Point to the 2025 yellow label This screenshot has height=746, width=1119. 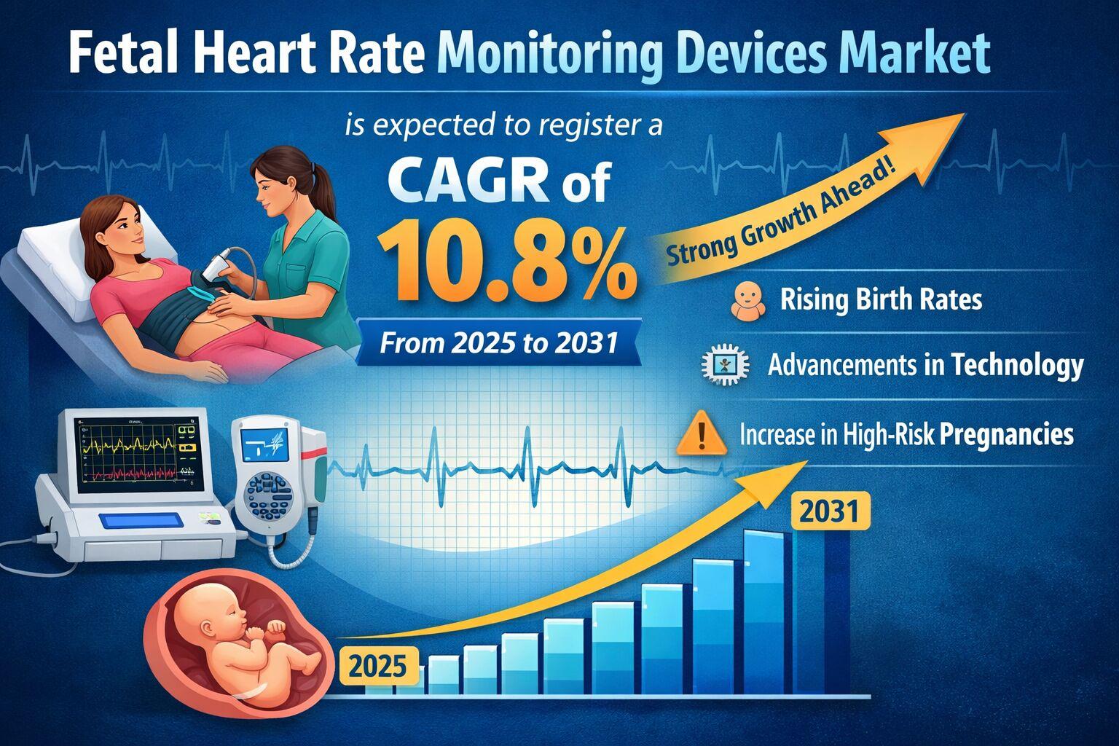378,666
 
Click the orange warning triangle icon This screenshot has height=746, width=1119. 702,435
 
